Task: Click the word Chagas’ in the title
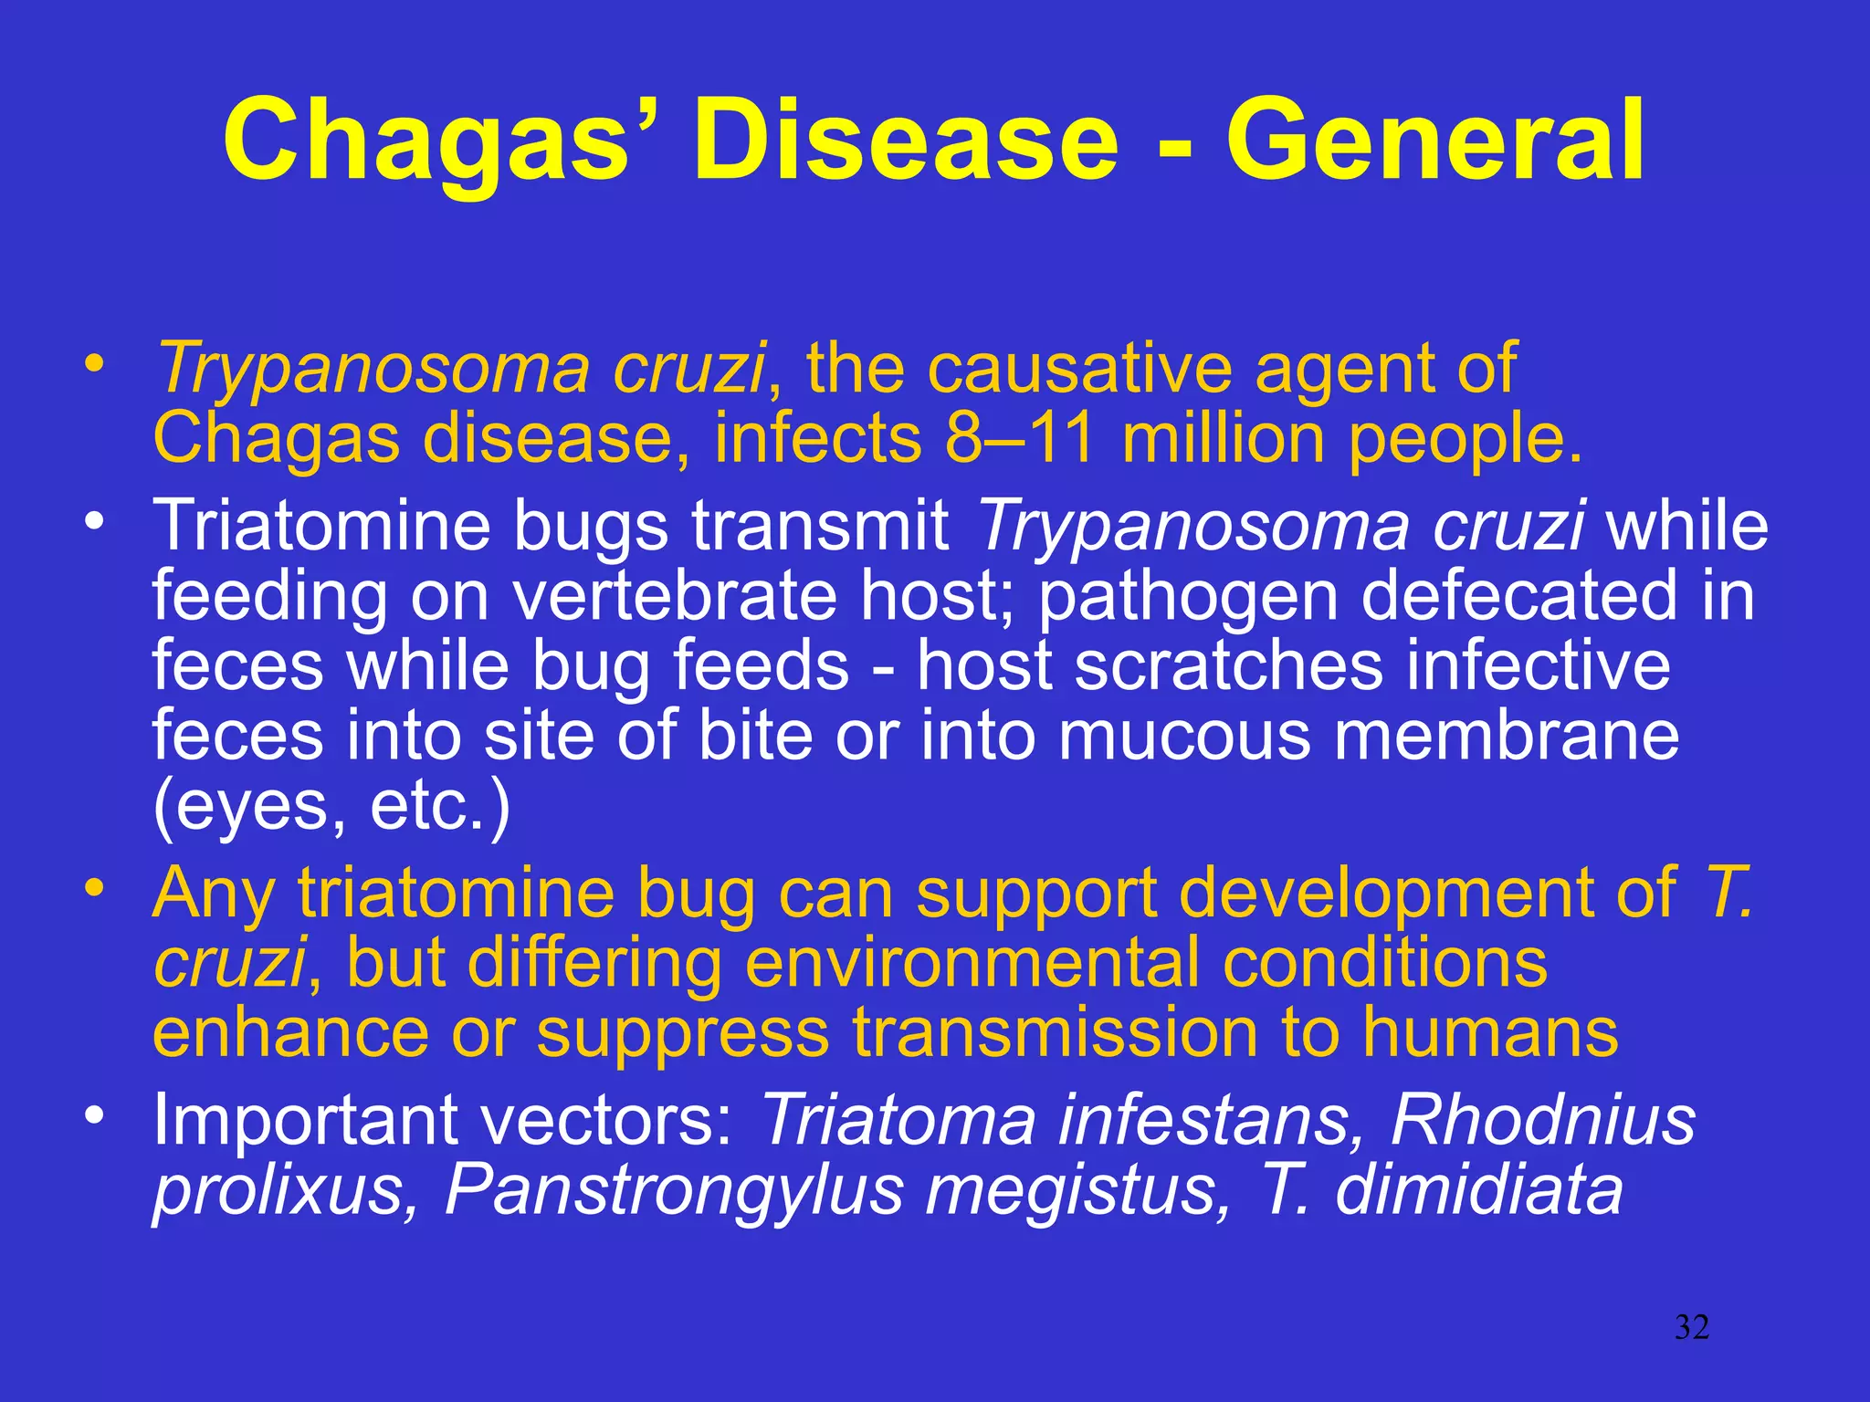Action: pyautogui.click(x=442, y=141)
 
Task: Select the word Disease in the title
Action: pyautogui.click(x=905, y=141)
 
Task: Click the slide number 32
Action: pyautogui.click(x=1691, y=1327)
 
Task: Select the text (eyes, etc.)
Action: pyautogui.click(x=331, y=807)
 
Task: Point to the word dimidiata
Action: pyautogui.click(x=1478, y=1190)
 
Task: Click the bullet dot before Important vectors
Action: pyautogui.click(x=93, y=1115)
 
